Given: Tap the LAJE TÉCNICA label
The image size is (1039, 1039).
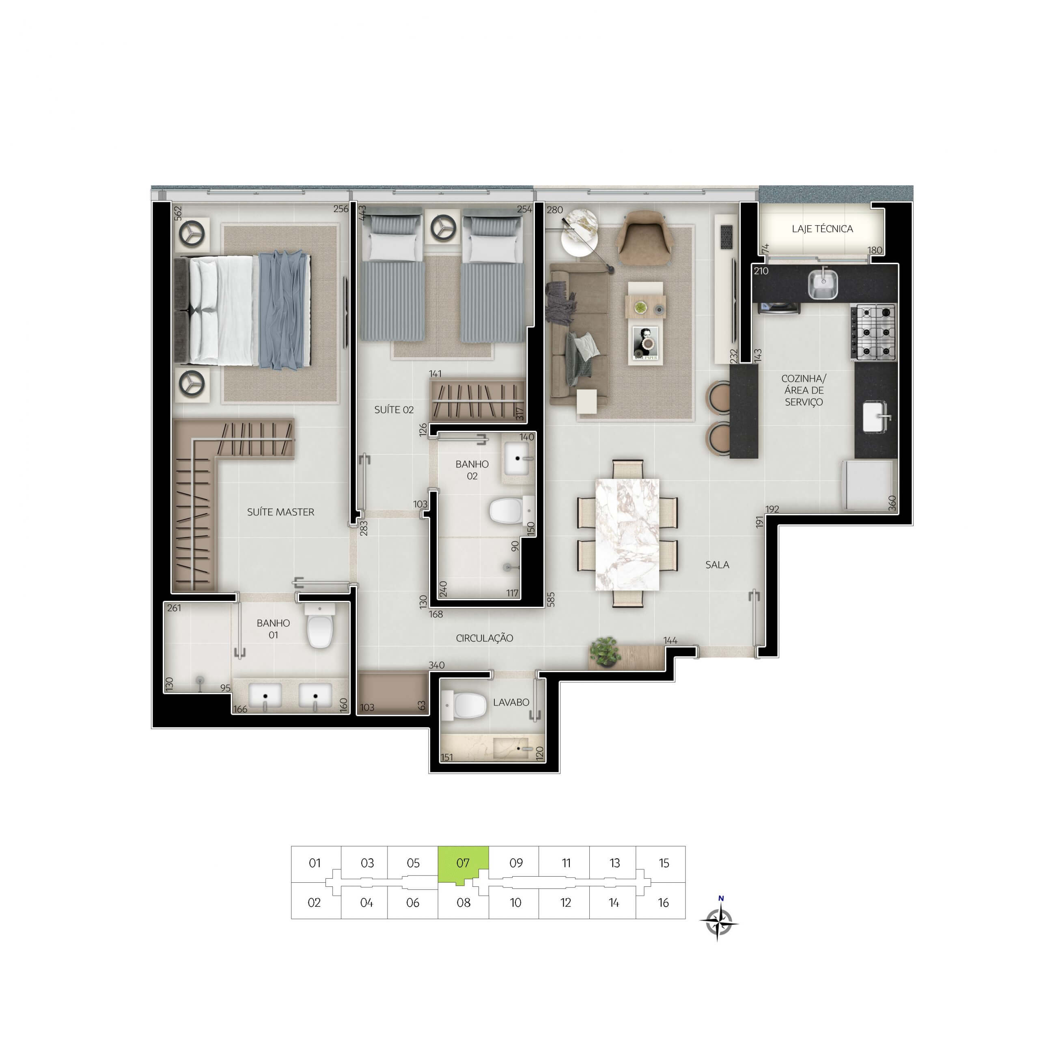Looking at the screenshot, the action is pyautogui.click(x=822, y=228).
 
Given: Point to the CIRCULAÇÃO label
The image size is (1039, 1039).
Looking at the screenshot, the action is pyautogui.click(x=484, y=638).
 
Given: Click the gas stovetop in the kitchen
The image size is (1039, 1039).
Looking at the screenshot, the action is pyautogui.click(x=873, y=332).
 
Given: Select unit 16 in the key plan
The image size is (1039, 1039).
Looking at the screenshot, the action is pyautogui.click(x=663, y=903).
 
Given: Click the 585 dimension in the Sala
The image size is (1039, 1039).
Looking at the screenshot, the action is pyautogui.click(x=550, y=599).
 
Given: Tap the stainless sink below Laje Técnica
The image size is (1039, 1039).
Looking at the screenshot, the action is pyautogui.click(x=823, y=285).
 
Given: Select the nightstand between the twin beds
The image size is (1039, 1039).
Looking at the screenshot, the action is pyautogui.click(x=444, y=227).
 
